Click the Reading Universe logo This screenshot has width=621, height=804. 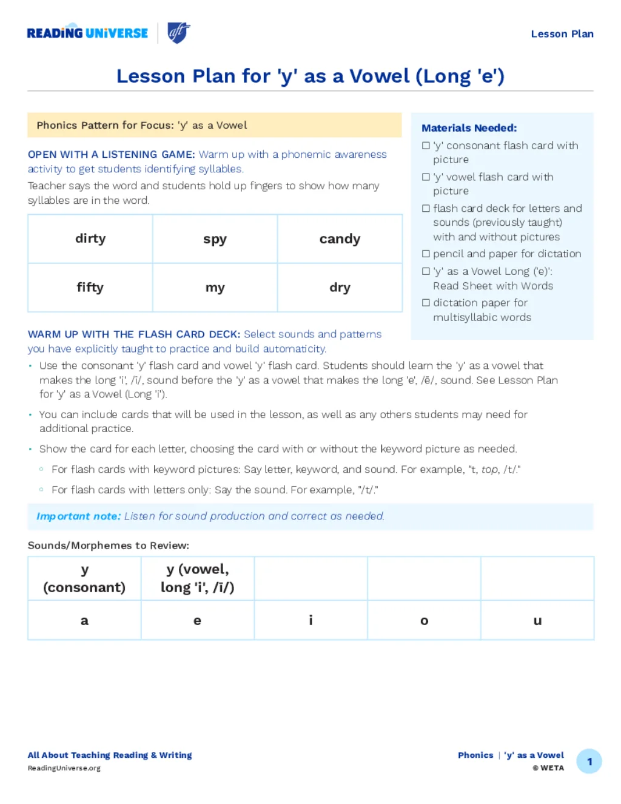[87, 33]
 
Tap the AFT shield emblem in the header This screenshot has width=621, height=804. [178, 33]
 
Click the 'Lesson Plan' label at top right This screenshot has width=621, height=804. [562, 34]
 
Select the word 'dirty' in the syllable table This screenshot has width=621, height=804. [90, 238]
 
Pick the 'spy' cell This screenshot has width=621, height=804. [215, 238]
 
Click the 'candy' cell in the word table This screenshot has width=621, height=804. [340, 239]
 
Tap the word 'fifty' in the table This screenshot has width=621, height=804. [90, 287]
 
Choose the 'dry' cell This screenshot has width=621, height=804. [340, 287]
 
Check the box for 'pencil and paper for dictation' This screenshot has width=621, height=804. [426, 254]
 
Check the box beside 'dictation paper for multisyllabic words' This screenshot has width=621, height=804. [426, 302]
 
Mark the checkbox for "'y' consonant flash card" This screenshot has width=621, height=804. [426, 146]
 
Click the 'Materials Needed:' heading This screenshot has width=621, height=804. [469, 128]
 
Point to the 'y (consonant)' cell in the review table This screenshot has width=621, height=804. [84, 578]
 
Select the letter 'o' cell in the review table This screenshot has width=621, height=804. [424, 620]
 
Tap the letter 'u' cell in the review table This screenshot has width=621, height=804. [537, 620]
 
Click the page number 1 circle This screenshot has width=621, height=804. [589, 762]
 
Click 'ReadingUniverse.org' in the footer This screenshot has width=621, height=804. [64, 768]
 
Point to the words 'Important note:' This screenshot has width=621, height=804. [78, 516]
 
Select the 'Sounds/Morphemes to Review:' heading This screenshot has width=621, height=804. [109, 546]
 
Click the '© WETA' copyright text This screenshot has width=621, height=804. [548, 768]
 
